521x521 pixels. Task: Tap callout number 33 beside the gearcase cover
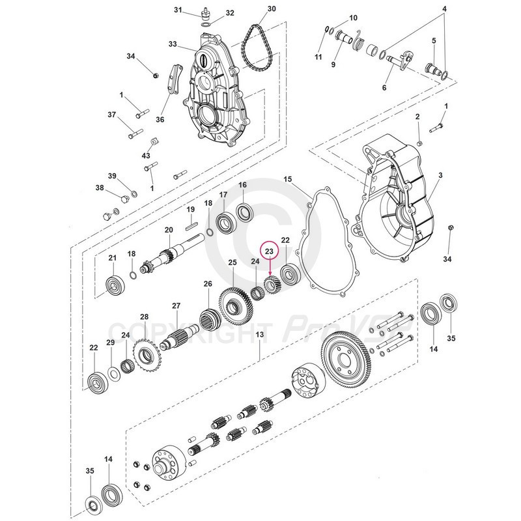point(173,44)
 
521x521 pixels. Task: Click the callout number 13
point(259,334)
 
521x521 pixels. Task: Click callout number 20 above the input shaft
point(168,230)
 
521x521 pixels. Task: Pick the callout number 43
point(146,156)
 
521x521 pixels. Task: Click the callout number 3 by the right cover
point(440,176)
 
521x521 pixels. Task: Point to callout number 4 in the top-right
point(445,9)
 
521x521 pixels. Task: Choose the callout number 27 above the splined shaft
point(175,306)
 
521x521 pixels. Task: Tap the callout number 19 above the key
point(191,209)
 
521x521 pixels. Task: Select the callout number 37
point(111,115)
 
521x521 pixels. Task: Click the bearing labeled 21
point(117,285)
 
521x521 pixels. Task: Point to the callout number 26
point(208,284)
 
